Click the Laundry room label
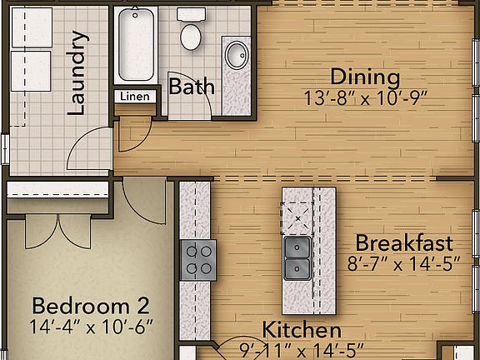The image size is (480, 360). (78, 72)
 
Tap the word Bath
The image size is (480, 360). (192, 87)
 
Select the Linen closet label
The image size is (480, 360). (134, 97)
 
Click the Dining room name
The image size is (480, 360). (365, 77)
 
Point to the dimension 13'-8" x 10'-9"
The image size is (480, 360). (365, 97)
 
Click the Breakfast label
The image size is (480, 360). (404, 243)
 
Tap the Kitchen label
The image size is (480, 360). (302, 331)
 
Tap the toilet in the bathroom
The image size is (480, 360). (192, 33)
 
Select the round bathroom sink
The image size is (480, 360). (236, 56)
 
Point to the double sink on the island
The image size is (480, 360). (297, 258)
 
